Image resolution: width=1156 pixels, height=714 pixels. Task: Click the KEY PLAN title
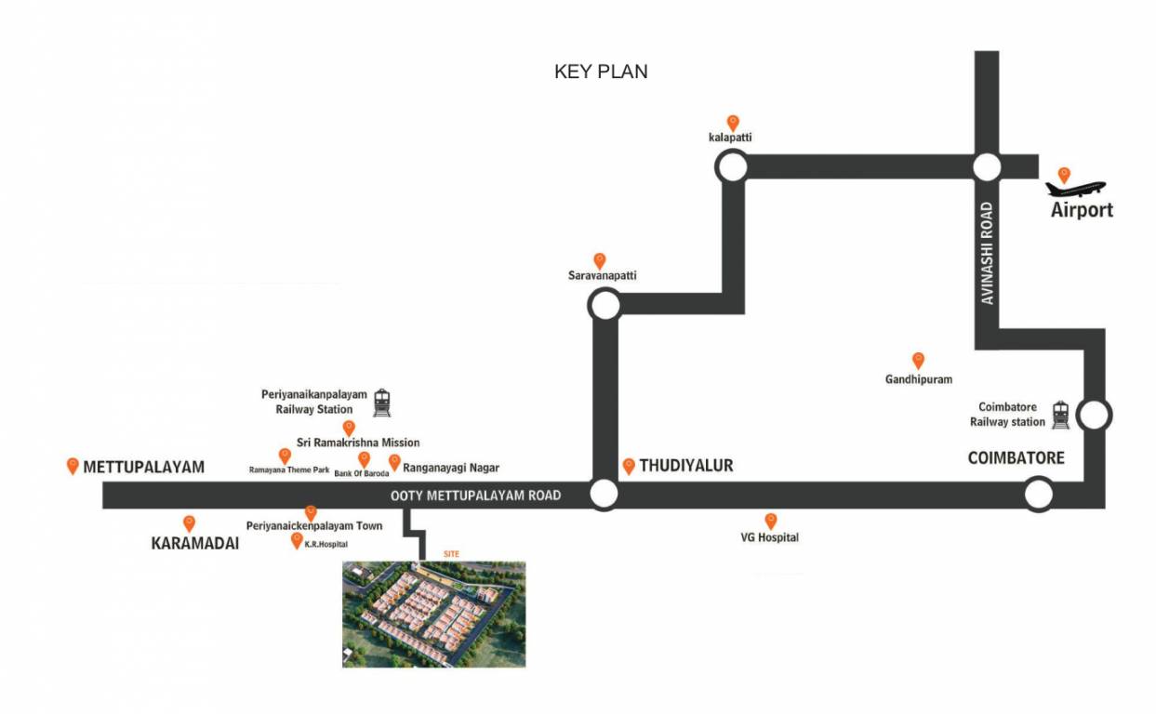pos(601,72)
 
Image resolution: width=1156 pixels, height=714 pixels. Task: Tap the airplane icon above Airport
pos(1075,189)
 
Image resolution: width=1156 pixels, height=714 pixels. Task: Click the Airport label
pos(1082,210)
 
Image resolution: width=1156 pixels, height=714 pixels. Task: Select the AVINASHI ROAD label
pos(987,253)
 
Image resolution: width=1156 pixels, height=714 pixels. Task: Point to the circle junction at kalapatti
pos(731,167)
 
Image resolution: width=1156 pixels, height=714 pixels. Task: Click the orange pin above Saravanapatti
pos(600,260)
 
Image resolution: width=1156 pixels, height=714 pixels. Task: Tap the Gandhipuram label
pos(919,379)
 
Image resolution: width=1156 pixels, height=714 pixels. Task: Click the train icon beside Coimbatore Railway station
pos(1060,415)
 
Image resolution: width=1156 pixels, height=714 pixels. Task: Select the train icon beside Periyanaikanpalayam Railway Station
pos(381,403)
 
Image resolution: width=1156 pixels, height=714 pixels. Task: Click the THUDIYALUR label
pos(685,466)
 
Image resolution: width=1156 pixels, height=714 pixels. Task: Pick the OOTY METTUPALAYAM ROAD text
pos(475,496)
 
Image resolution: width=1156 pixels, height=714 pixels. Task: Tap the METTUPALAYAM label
pos(143,467)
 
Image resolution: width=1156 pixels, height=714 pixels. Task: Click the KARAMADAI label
pos(195,544)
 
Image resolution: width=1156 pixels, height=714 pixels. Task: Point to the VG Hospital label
pos(769,537)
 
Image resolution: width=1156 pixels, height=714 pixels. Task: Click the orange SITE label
pos(451,554)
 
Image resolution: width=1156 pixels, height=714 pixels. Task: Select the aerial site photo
pos(433,614)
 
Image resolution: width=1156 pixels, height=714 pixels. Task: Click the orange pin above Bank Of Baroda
pos(364,458)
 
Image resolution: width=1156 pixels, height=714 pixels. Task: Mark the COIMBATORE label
pos(1016,458)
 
